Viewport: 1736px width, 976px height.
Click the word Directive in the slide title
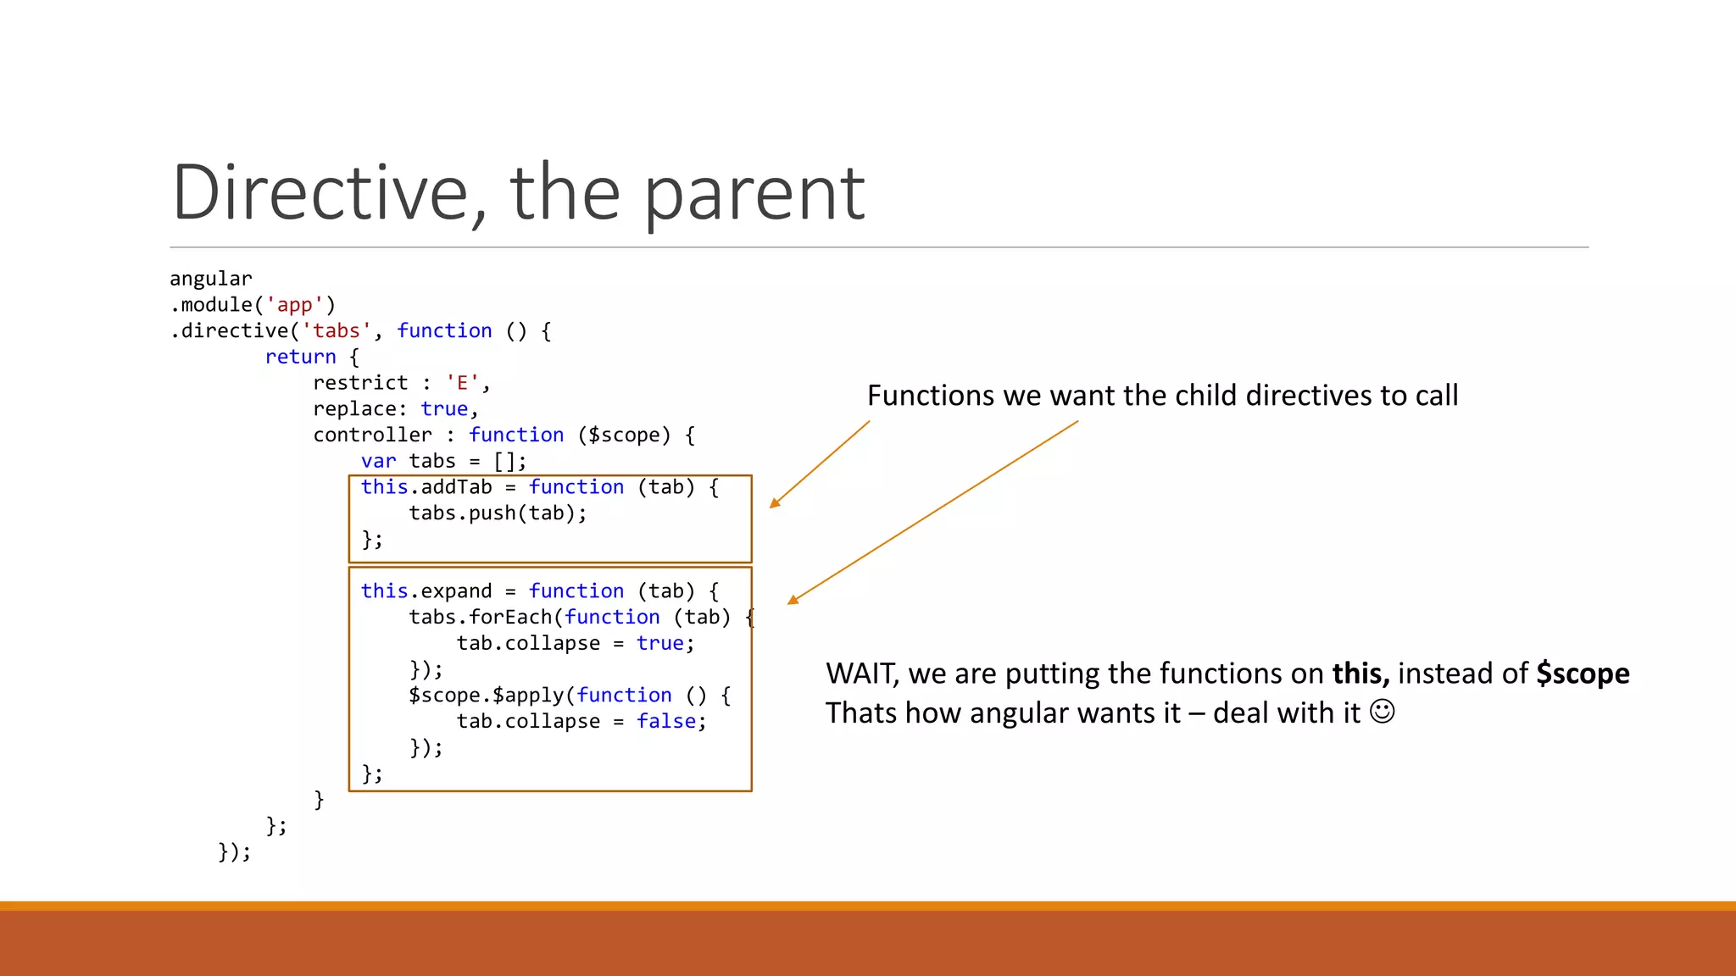[319, 193]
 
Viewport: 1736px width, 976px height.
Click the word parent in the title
[754, 193]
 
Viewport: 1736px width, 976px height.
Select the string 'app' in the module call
[294, 305]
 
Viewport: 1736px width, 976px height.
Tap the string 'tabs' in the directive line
[337, 331]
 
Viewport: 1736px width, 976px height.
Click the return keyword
[300, 358]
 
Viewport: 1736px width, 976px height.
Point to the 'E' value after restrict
[462, 383]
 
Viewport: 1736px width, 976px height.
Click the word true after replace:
[444, 409]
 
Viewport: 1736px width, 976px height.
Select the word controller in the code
[372, 435]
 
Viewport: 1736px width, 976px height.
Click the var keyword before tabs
[378, 462]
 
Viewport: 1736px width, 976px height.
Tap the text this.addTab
[426, 487]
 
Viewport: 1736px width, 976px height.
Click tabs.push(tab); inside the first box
[498, 513]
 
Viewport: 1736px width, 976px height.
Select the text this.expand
[426, 591]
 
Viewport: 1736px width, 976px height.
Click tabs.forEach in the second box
[480, 618]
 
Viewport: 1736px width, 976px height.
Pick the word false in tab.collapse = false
[666, 722]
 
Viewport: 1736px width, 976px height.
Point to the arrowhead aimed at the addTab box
[774, 503]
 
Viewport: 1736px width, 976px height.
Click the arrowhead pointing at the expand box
[793, 600]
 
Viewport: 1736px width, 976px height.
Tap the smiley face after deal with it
[1382, 712]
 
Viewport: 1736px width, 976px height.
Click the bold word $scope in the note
[1583, 674]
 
